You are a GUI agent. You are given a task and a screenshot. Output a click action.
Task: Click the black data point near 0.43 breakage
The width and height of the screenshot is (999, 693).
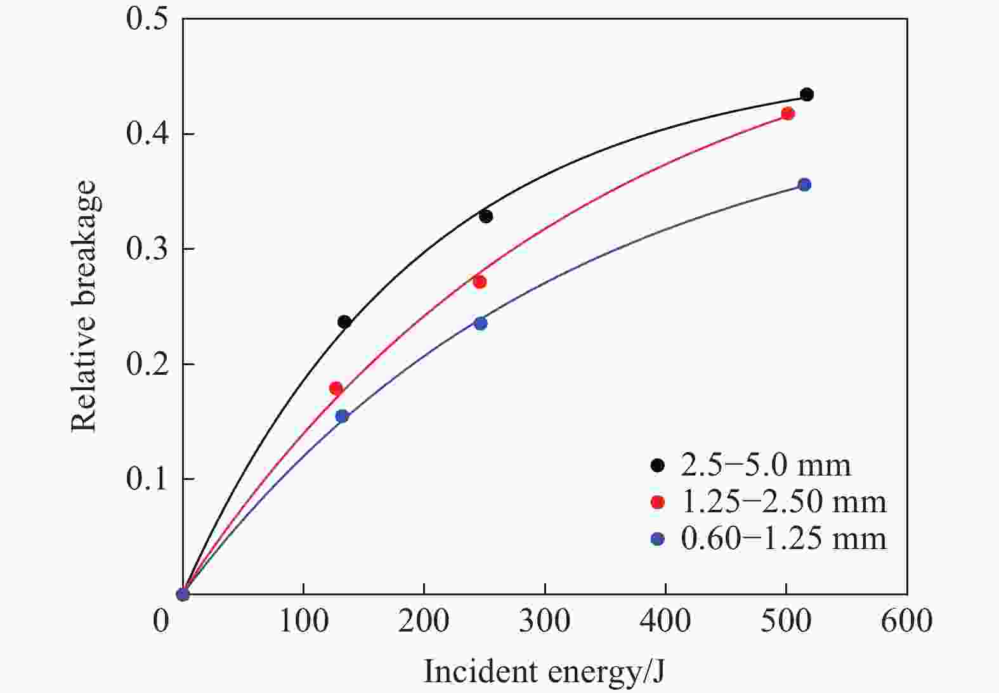807,94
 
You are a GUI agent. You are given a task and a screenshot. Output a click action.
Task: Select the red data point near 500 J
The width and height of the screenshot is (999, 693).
788,113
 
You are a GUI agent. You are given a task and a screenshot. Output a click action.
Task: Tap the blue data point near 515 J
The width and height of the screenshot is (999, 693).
804,185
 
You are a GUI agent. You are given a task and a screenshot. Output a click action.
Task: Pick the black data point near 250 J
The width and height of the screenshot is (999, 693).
486,216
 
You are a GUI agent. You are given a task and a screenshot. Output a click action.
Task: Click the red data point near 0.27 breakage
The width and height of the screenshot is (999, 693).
480,282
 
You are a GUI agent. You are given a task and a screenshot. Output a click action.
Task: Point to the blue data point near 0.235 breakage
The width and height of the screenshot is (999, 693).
481,323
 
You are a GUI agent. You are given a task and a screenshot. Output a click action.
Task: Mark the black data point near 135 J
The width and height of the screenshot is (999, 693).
344,321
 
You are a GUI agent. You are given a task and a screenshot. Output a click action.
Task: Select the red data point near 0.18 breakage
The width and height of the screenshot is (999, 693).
336,388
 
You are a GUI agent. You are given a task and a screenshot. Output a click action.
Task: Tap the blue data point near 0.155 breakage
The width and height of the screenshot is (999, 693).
342,416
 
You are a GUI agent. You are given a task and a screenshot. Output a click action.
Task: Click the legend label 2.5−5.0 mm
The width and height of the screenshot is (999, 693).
766,465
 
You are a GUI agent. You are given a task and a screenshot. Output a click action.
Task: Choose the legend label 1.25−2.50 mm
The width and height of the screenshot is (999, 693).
783,502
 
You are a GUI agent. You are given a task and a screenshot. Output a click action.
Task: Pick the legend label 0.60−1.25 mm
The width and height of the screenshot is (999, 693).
783,538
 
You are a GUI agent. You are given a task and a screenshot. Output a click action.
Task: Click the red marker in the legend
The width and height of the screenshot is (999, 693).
658,502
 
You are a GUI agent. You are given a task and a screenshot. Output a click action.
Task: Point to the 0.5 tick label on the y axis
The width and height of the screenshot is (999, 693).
147,18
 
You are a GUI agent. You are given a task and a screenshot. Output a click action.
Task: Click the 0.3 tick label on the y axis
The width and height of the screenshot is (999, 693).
147,249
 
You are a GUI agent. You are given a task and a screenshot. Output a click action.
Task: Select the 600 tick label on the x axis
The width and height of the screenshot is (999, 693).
906,620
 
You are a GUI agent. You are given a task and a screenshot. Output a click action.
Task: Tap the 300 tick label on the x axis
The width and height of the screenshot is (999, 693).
544,620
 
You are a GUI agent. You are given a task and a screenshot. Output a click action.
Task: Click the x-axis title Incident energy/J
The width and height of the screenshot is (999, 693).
544,671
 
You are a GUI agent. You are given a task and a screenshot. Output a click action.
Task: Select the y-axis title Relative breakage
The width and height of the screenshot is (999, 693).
83,306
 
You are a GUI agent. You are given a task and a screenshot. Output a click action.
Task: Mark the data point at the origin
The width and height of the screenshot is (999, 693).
183,594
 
